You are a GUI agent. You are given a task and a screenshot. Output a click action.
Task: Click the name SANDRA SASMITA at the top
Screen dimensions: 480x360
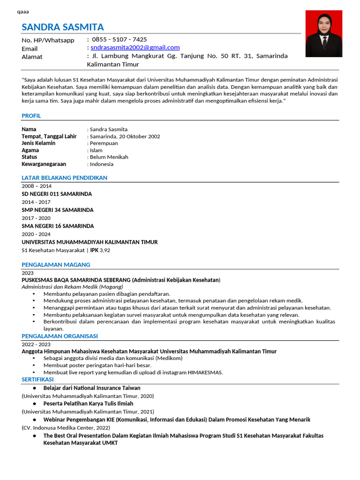click(x=63, y=27)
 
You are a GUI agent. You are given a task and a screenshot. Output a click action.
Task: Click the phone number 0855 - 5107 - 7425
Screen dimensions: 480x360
click(x=119, y=39)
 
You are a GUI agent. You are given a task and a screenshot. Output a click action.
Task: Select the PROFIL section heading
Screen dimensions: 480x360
click(x=31, y=116)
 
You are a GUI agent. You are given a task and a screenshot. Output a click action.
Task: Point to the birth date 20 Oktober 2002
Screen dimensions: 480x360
click(x=139, y=136)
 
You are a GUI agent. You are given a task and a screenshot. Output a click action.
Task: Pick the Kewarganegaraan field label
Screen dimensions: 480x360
click(x=44, y=164)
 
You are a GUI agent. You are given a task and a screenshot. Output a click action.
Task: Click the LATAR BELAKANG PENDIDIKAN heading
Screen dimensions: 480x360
click(x=65, y=178)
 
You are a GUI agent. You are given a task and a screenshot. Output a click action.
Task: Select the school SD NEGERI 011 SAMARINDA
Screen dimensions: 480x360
click(x=57, y=194)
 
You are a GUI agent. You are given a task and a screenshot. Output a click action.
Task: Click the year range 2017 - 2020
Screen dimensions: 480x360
click(x=36, y=218)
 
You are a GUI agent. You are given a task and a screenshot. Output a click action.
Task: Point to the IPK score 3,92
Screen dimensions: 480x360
click(x=105, y=250)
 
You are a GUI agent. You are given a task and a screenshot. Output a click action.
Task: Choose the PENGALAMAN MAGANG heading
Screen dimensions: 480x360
click(x=56, y=265)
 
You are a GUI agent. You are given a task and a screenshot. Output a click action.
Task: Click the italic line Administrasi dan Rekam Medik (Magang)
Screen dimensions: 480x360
click(x=72, y=286)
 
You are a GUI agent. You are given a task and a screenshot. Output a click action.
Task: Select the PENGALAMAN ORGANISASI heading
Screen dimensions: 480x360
click(x=60, y=336)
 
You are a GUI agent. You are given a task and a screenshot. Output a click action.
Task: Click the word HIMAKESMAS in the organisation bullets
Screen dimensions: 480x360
click(x=205, y=373)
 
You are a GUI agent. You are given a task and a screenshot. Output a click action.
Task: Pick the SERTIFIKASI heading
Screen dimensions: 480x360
click(x=38, y=379)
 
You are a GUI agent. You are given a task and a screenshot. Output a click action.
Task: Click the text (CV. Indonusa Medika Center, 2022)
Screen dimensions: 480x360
click(x=66, y=427)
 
